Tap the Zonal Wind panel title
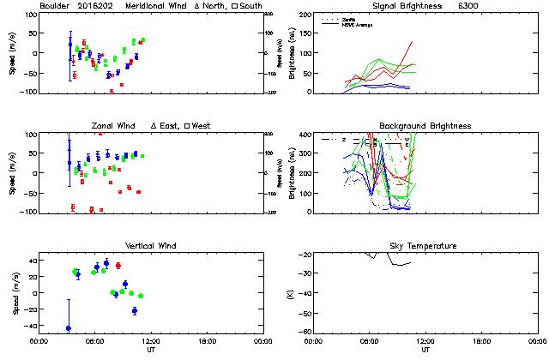tap(116, 126)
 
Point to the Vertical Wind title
tap(146, 246)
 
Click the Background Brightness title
tap(425, 126)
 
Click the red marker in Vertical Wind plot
tap(118, 265)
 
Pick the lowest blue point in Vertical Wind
tap(68, 328)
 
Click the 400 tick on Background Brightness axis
tap(306, 135)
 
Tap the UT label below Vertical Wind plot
tap(150, 350)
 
